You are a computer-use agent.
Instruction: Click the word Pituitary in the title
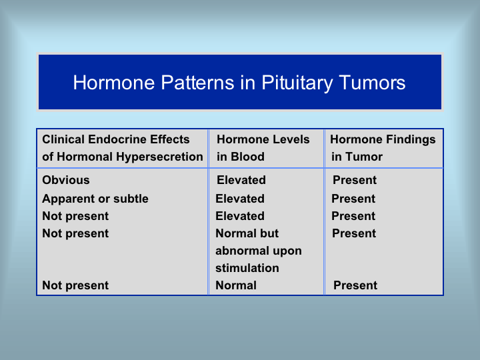[297, 83]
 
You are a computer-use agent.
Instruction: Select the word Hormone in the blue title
[114, 83]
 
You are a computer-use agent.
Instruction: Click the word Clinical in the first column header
[63, 139]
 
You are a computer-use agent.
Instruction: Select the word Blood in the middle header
[247, 157]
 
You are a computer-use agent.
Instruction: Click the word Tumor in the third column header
[364, 157]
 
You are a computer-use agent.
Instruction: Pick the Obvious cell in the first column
[66, 180]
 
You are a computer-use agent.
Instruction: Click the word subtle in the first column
[131, 199]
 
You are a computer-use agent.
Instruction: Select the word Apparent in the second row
[69, 199]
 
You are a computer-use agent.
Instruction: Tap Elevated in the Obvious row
[241, 180]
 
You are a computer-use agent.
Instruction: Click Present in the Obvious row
[355, 180]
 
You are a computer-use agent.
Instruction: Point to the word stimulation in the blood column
[247, 268]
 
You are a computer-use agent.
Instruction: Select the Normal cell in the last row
[236, 285]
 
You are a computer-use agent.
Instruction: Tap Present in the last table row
[355, 285]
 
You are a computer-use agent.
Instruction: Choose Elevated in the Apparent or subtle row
[240, 199]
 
